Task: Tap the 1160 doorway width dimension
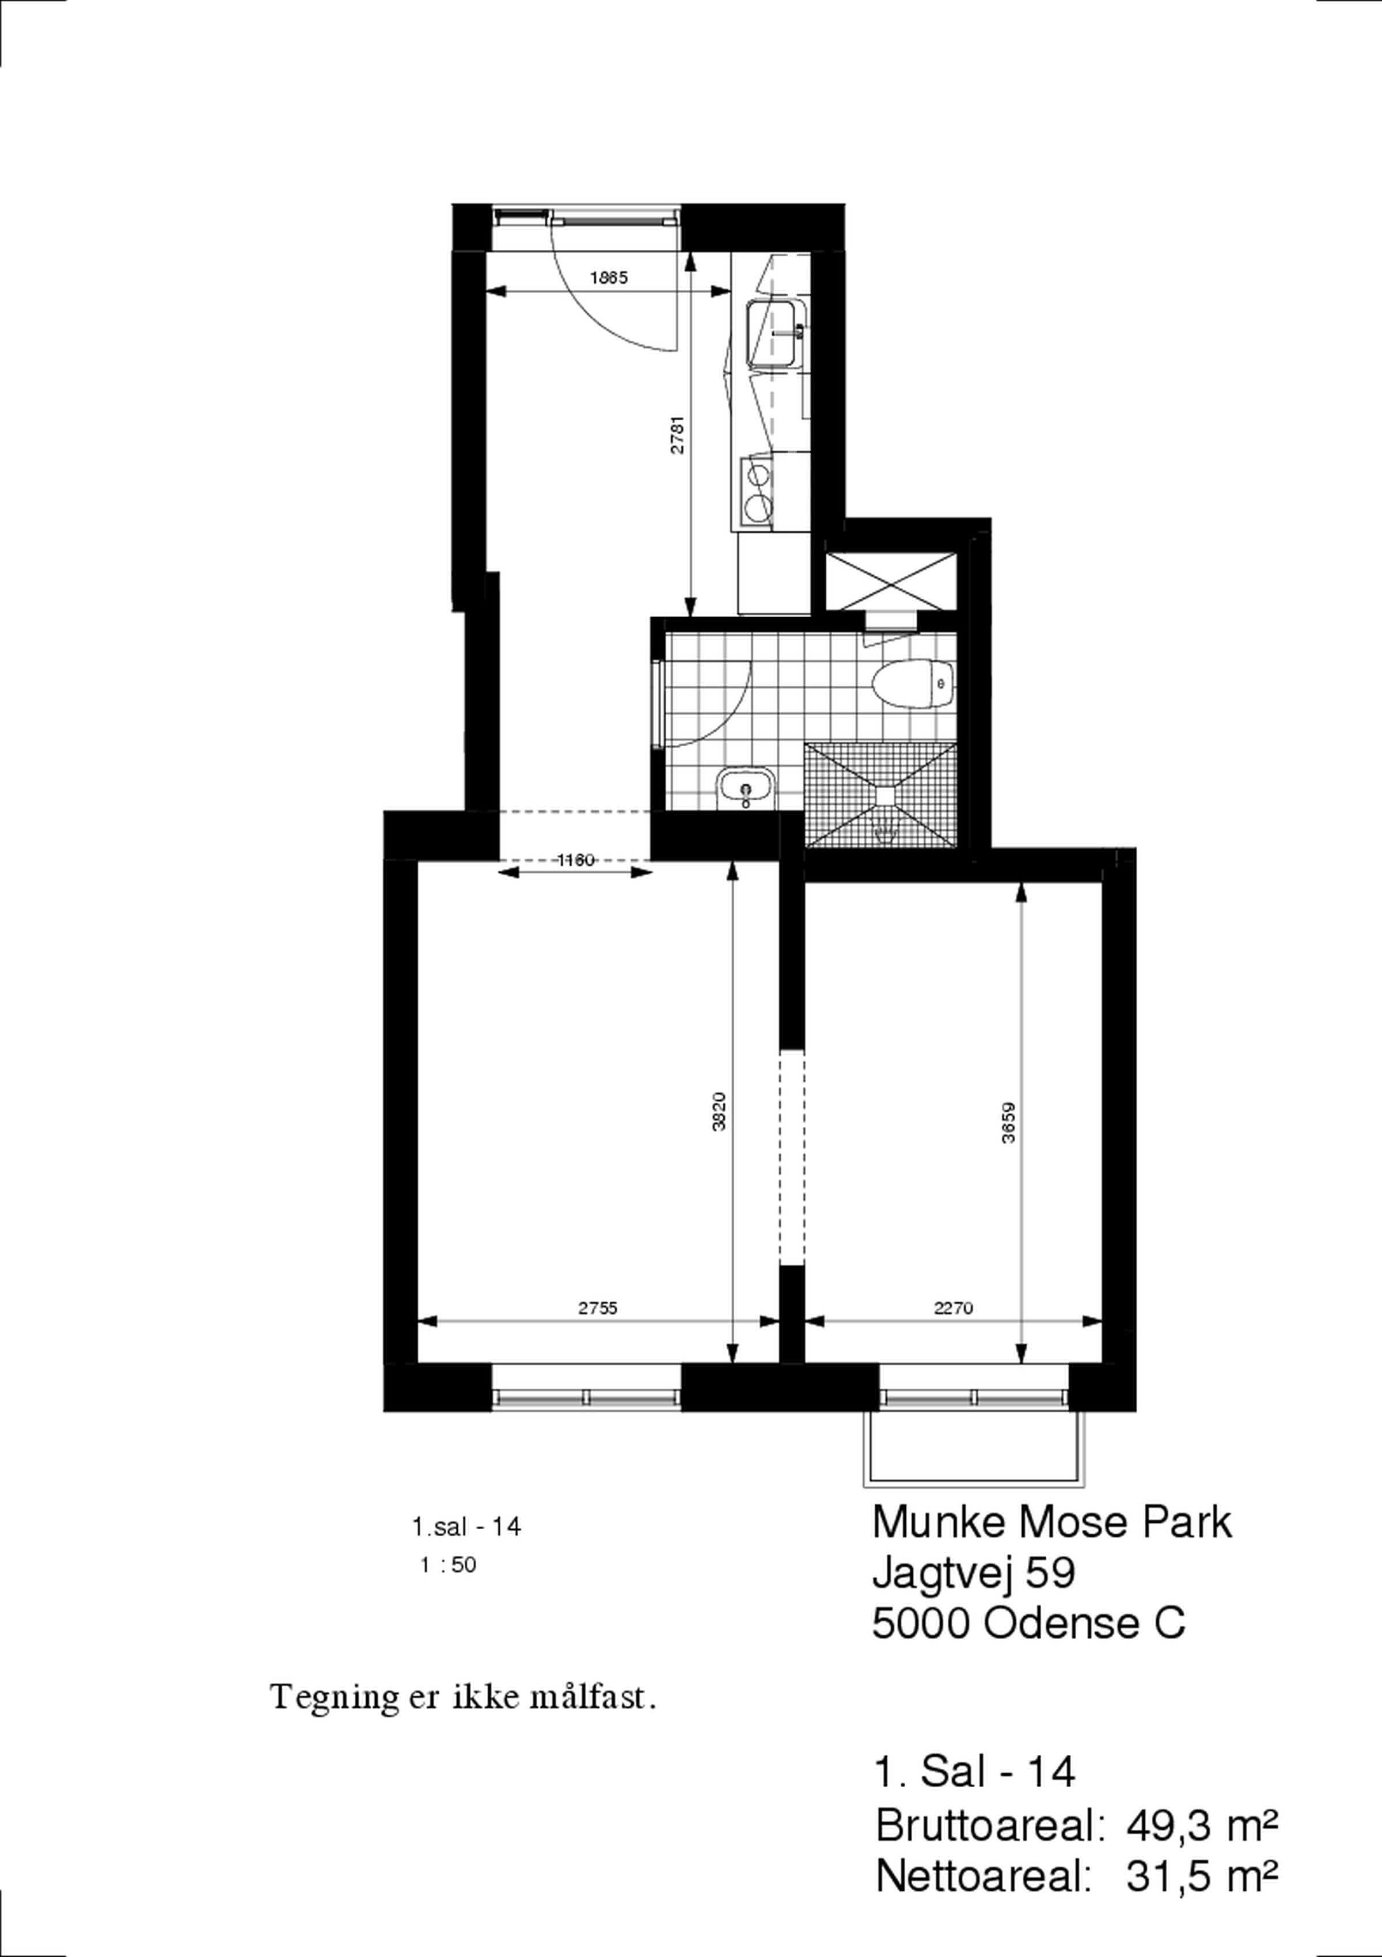pyautogui.click(x=575, y=860)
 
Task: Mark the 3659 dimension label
pyautogui.click(x=1009, y=1123)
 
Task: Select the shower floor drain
pyautogui.click(x=887, y=795)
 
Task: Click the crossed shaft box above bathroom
pyautogui.click(x=891, y=582)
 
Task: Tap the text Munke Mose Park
pyautogui.click(x=1052, y=1522)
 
